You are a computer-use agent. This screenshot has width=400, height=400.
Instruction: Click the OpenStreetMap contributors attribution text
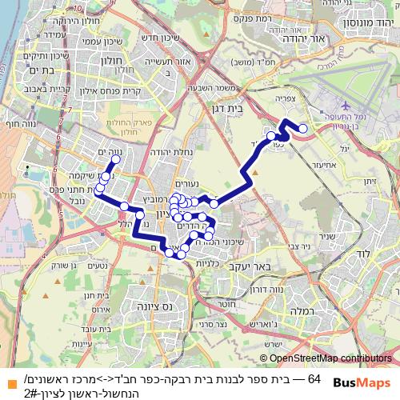click(x=330, y=359)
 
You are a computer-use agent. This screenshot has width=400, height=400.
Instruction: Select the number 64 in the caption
click(x=314, y=378)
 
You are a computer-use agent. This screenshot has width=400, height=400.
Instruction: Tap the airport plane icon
click(x=345, y=105)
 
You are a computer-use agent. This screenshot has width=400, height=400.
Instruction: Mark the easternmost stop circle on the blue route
click(x=302, y=129)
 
